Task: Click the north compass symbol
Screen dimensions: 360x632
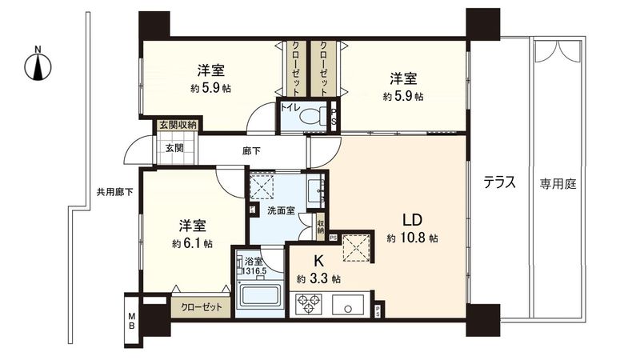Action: click(x=38, y=64)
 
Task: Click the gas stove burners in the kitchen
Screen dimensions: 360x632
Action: click(x=309, y=304)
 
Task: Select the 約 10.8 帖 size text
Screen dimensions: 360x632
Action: click(x=411, y=238)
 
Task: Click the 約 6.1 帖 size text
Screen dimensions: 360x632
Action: click(x=192, y=243)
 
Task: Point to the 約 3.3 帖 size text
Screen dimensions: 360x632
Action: click(x=318, y=279)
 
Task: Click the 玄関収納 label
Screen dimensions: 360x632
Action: click(x=177, y=125)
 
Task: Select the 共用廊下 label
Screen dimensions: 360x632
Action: click(x=114, y=192)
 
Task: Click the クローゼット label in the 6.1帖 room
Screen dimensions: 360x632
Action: click(x=201, y=306)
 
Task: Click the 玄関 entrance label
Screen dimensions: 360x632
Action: click(x=174, y=148)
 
